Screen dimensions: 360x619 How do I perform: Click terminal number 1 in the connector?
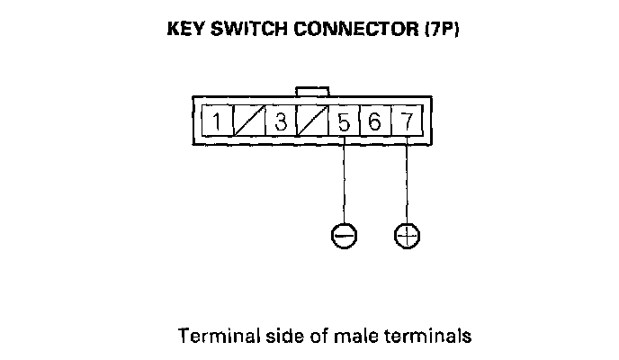[x=216, y=121]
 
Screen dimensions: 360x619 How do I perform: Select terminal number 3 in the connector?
[x=280, y=121]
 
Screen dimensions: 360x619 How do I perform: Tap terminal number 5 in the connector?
[x=344, y=121]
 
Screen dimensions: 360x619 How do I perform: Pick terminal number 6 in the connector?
[x=375, y=121]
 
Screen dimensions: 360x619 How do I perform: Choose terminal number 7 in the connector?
[x=407, y=121]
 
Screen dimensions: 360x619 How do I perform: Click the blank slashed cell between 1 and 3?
[x=248, y=121]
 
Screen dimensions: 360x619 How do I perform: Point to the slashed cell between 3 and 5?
[x=311, y=121]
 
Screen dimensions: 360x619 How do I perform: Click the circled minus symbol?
[x=344, y=235]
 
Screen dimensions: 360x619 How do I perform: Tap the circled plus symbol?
[x=408, y=235]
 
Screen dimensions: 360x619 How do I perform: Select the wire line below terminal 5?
[x=344, y=180]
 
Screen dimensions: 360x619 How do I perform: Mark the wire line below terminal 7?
[x=408, y=180]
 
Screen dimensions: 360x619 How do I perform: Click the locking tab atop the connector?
[x=312, y=91]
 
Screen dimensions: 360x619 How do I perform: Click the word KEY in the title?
[x=184, y=29]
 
